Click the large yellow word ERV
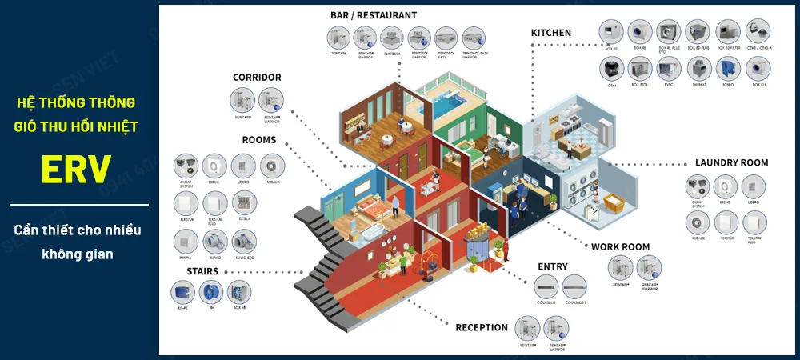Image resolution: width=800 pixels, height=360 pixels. pyautogui.click(x=76, y=169)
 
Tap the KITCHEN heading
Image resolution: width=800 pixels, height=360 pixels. pyautogui.click(x=551, y=33)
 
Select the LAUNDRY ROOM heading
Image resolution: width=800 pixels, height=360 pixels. pyautogui.click(x=731, y=162)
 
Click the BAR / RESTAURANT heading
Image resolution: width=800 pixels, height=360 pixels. pyautogui.click(x=373, y=15)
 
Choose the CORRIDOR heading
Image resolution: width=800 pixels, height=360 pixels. pyautogui.click(x=257, y=78)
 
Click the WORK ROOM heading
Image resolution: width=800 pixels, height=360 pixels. pyautogui.click(x=620, y=247)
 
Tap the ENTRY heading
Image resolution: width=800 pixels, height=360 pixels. pyautogui.click(x=553, y=266)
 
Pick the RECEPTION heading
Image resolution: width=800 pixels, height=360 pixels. pyautogui.click(x=482, y=327)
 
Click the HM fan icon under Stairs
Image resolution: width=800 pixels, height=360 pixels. pyautogui.click(x=212, y=292)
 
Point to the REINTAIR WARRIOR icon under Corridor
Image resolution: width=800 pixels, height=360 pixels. pyautogui.click(x=271, y=101)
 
